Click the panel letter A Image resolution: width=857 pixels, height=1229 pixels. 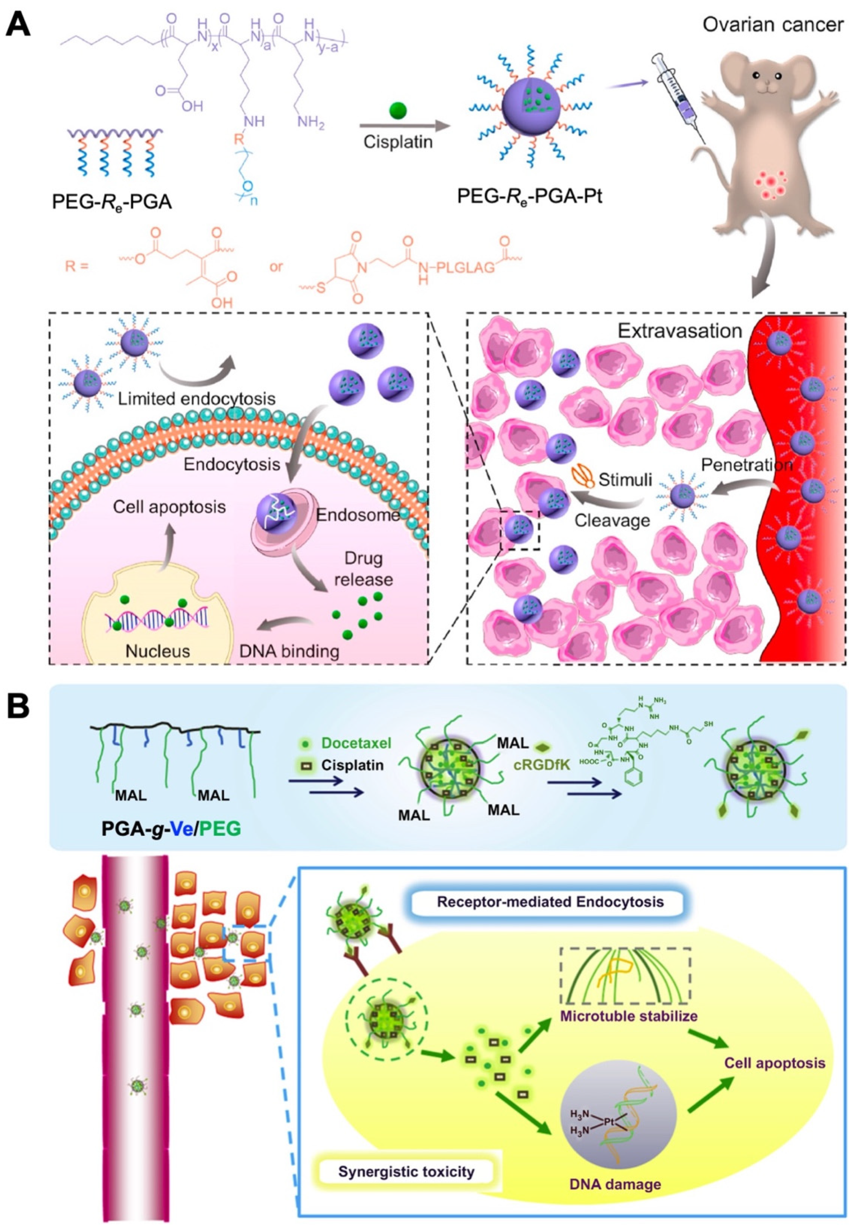[x=17, y=24]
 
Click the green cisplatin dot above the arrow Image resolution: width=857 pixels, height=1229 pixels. [x=398, y=111]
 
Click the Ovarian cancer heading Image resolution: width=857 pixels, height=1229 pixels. [x=773, y=24]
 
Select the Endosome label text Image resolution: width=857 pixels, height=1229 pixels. [x=357, y=515]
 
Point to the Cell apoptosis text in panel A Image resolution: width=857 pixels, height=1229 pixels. [x=169, y=507]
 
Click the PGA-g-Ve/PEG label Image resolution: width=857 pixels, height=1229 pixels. [x=171, y=829]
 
